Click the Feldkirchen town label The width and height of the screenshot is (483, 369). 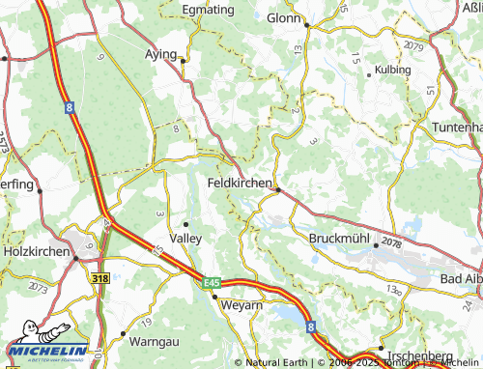tap(240, 181)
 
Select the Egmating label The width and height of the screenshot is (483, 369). tap(209, 9)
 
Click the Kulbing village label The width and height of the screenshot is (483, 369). tap(391, 71)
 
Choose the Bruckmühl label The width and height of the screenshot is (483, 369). tap(339, 238)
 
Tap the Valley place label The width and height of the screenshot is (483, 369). tap(185, 237)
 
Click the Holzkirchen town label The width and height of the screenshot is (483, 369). tap(37, 252)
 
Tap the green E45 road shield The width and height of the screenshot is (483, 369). tap(213, 282)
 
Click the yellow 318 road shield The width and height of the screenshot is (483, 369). tap(99, 277)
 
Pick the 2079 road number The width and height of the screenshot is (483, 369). tap(414, 45)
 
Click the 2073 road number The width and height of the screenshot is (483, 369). tap(38, 288)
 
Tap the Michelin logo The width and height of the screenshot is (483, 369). tap(44, 352)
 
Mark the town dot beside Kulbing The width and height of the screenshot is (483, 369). tap(369, 72)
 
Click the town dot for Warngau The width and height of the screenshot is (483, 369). tap(124, 333)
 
